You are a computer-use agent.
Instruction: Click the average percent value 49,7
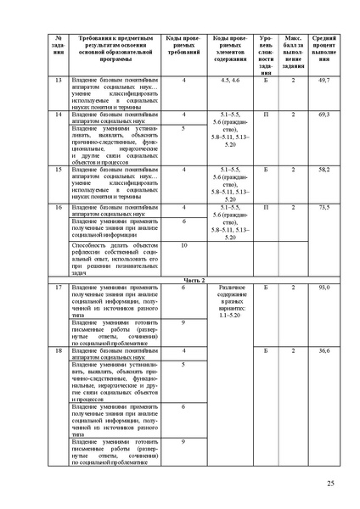323,80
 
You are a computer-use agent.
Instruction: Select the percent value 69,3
323,113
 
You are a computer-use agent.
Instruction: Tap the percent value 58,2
323,170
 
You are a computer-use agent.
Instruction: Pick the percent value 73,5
323,207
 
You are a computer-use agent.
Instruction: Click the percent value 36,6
323,350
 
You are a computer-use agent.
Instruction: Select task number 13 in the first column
59,80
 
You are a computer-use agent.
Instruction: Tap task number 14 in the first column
59,113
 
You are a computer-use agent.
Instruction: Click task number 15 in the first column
59,170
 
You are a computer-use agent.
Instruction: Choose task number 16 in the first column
59,207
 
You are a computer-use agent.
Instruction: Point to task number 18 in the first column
59,350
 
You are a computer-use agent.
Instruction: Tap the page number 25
329,484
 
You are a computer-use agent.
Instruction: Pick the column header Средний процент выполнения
323,50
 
